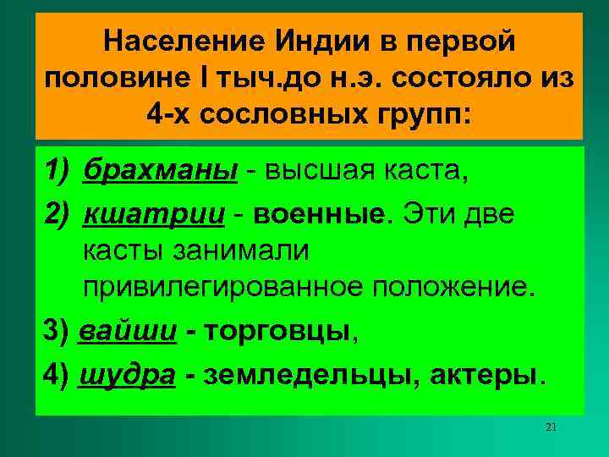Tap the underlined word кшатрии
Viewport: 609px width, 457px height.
pyautogui.click(x=154, y=213)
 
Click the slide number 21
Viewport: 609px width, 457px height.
pyautogui.click(x=551, y=427)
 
